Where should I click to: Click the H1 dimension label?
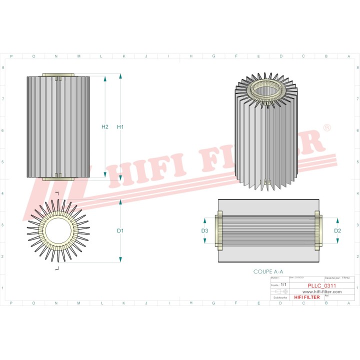pyautogui.click(x=120, y=127)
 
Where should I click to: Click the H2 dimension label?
pyautogui.click(x=104, y=127)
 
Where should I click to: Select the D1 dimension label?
pyautogui.click(x=120, y=230)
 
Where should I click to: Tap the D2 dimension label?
pyautogui.click(x=337, y=230)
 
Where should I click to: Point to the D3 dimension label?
pyautogui.click(x=204, y=230)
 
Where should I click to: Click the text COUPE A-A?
pyautogui.click(x=268, y=271)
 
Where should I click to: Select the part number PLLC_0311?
pyautogui.click(x=322, y=285)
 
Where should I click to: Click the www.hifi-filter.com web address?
pyautogui.click(x=315, y=291)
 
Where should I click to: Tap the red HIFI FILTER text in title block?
pyautogui.click(x=306, y=297)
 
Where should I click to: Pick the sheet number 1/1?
pyautogui.click(x=283, y=284)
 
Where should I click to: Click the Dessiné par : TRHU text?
pyautogui.click(x=337, y=277)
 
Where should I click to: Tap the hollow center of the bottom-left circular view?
pyautogui.click(x=58, y=230)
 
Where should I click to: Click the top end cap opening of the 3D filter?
pyautogui.click(x=265, y=90)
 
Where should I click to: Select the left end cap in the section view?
pyautogui.click(x=219, y=230)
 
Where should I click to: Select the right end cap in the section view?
pyautogui.click(x=318, y=230)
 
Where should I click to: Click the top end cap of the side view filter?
pyautogui.click(x=58, y=75)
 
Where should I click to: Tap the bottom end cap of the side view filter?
pyautogui.click(x=58, y=178)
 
